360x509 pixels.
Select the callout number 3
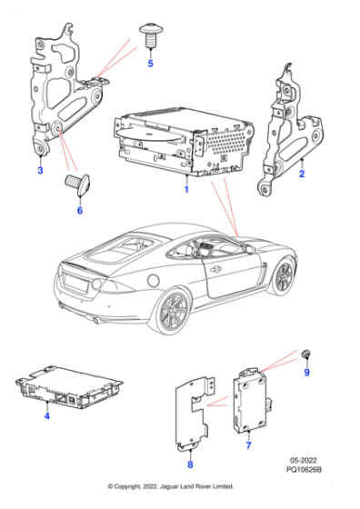click(39, 170)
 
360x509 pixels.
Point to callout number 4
click(46, 415)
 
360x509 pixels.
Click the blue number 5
click(151, 64)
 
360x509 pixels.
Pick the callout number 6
click(79, 210)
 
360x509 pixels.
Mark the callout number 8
click(189, 464)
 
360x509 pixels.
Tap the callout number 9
click(306, 372)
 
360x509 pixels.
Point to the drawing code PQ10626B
click(306, 482)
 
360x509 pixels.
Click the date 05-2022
click(306, 471)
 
